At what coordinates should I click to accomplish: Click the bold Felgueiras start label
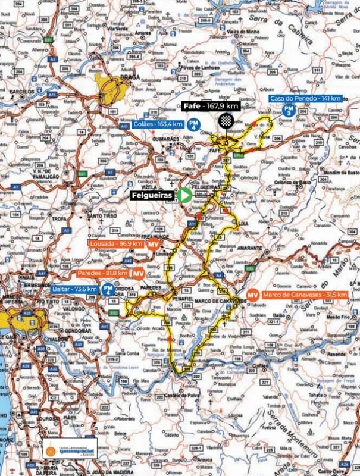tap(153, 195)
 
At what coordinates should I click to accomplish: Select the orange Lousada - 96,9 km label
tap(115, 244)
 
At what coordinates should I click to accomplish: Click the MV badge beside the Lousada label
tap(154, 245)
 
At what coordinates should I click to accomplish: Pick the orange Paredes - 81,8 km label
tap(102, 273)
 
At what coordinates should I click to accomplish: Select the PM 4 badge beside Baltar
tap(108, 290)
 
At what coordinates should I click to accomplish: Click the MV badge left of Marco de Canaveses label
tap(252, 295)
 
